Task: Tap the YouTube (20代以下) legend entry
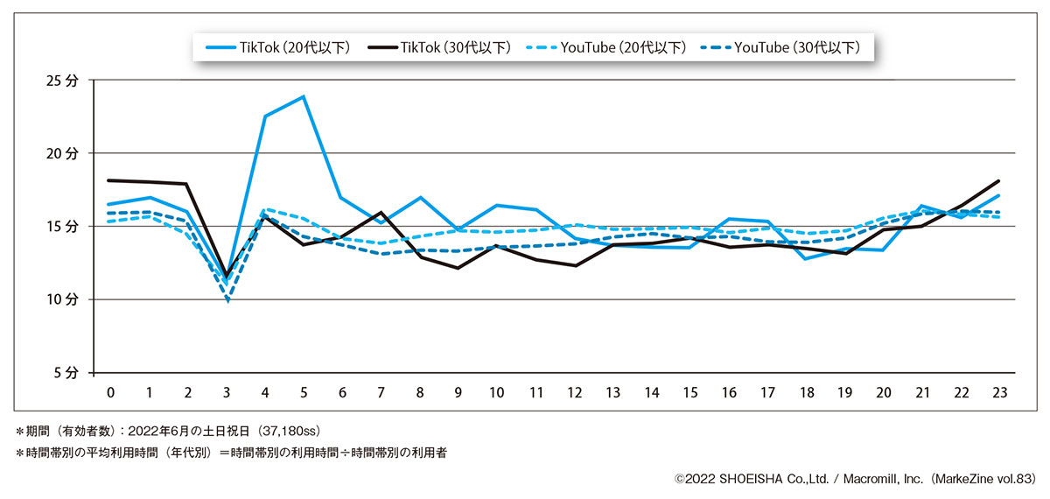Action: pyautogui.click(x=607, y=47)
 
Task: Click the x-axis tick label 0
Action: pyautogui.click(x=110, y=393)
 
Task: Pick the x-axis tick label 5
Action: pyautogui.click(x=303, y=393)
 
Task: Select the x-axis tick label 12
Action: pyautogui.click(x=575, y=393)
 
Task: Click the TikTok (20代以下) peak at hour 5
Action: pyautogui.click(x=303, y=96)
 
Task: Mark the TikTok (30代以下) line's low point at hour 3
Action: pyautogui.click(x=227, y=276)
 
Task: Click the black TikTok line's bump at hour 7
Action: pyautogui.click(x=381, y=213)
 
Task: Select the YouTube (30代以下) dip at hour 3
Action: pyautogui.click(x=227, y=300)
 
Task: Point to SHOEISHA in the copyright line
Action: pyautogui.click(x=749, y=479)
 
